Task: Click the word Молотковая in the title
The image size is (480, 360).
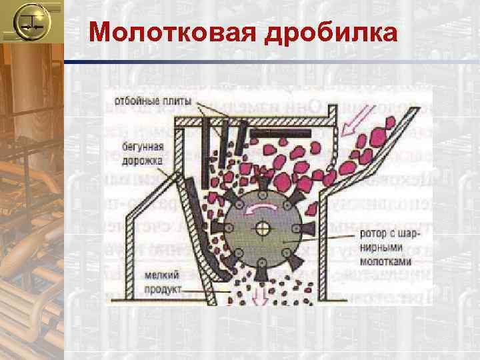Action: click(172, 32)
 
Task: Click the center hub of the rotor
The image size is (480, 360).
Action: click(262, 228)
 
